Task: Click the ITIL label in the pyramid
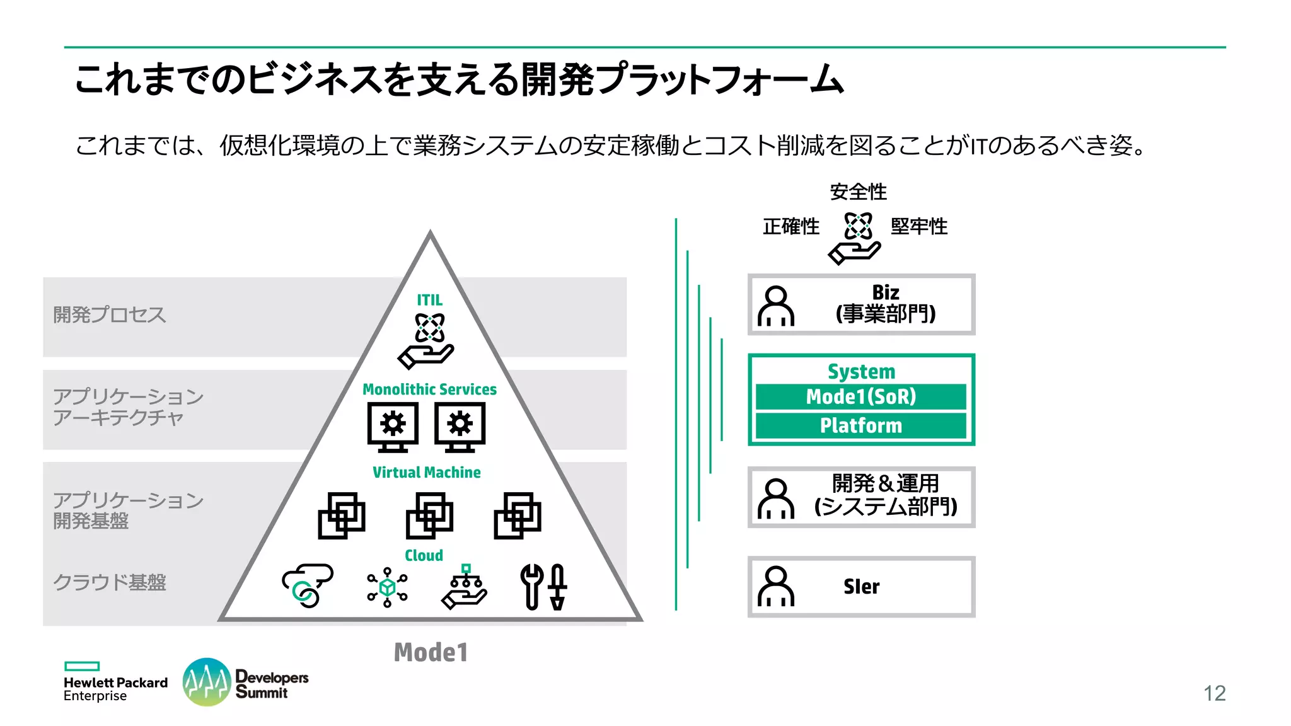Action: (x=429, y=300)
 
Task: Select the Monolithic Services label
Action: (x=429, y=389)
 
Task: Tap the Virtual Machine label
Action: (x=426, y=472)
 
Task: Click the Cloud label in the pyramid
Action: (x=424, y=555)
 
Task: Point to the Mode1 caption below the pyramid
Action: (x=431, y=652)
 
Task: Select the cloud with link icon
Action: (x=307, y=585)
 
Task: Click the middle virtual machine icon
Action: (x=429, y=516)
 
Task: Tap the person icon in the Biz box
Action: (x=775, y=306)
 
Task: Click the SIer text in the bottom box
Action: (x=861, y=587)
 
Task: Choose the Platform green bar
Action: (x=860, y=425)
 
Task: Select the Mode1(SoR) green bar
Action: (x=860, y=396)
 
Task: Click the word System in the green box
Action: (x=861, y=371)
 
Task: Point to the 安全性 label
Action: (x=858, y=192)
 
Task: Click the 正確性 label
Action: (x=790, y=226)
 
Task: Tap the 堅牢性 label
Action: (x=918, y=226)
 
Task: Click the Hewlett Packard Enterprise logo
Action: (x=115, y=683)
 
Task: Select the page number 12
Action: (x=1214, y=693)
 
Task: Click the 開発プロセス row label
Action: (x=109, y=314)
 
